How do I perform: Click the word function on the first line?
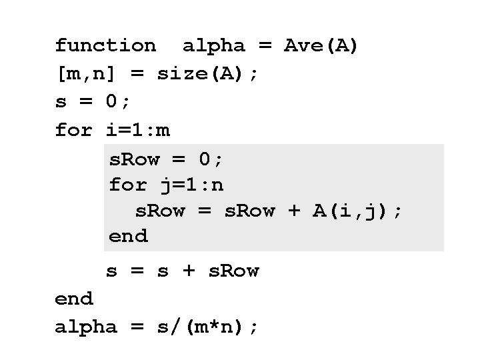pyautogui.click(x=105, y=46)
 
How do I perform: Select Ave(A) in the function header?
pyautogui.click(x=321, y=46)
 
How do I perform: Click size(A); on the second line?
pyautogui.click(x=207, y=74)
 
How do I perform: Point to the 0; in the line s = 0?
pyautogui.click(x=119, y=102)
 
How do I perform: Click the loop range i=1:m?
pyautogui.click(x=138, y=130)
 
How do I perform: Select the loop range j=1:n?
pyautogui.click(x=195, y=184)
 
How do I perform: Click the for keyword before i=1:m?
pyautogui.click(x=73, y=130)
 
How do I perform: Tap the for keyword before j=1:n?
pyautogui.click(x=128, y=184)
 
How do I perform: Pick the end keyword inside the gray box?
pyautogui.click(x=128, y=236)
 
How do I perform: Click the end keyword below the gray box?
pyautogui.click(x=73, y=299)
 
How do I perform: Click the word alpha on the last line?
pyautogui.click(x=86, y=327)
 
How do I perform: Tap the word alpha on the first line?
pyautogui.click(x=214, y=46)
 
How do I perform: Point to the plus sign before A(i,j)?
pyautogui.click(x=293, y=211)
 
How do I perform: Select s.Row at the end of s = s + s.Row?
pyautogui.click(x=234, y=271)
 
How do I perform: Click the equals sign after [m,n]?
pyautogui.click(x=137, y=74)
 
